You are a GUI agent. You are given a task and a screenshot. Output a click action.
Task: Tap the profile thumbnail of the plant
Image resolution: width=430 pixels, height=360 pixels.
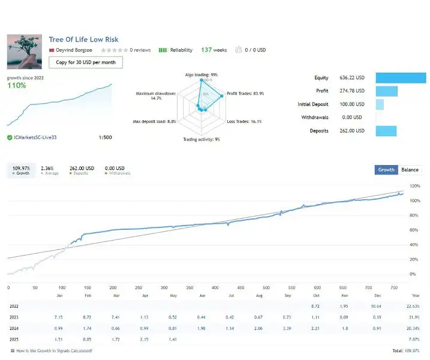pos(24,52)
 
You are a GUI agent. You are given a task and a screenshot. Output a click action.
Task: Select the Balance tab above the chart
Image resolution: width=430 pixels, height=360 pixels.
pos(410,170)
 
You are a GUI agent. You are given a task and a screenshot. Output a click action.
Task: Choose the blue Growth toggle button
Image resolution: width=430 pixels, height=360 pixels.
pos(386,170)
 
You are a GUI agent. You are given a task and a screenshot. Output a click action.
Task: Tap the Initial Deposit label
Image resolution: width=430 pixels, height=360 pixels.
pos(313,104)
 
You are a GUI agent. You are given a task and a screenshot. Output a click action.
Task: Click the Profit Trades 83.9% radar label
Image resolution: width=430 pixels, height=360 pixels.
pos(245,94)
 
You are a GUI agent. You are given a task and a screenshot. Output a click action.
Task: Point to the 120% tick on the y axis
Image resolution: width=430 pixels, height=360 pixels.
pos(414,187)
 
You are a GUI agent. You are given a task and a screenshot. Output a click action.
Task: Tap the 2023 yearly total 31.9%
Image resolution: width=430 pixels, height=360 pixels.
pos(414,317)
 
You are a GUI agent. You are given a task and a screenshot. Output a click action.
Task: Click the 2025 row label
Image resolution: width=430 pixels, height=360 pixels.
pos(14,340)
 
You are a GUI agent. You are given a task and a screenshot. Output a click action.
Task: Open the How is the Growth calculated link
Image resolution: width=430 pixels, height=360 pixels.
pos(55,351)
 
